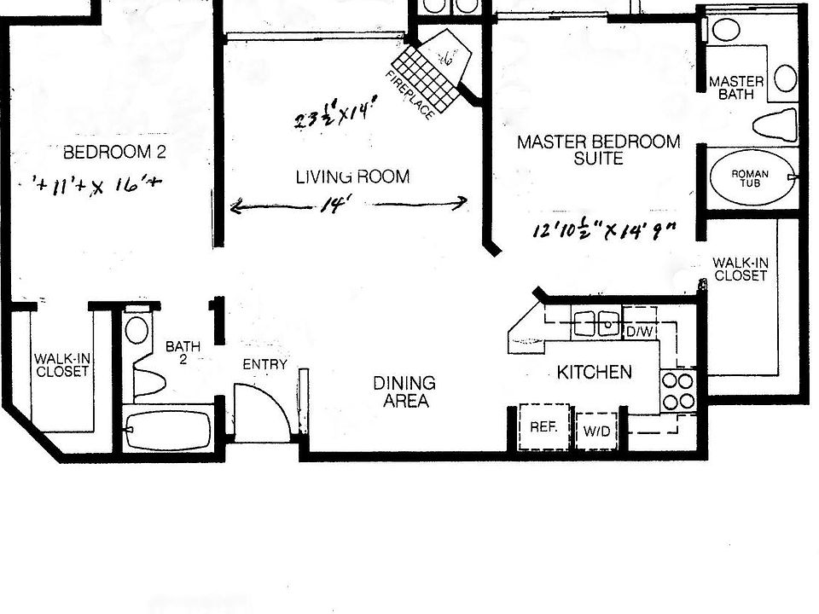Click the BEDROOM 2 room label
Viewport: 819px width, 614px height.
pos(114,153)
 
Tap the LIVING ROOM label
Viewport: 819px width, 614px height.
pos(352,177)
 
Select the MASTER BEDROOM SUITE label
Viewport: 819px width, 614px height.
pos(599,150)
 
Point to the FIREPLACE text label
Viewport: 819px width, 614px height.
pos(410,95)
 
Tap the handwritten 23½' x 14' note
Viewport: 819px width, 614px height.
pos(335,114)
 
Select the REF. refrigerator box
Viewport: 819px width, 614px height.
pos(543,426)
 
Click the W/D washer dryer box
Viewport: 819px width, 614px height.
pos(597,432)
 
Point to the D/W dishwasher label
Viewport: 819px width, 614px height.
pos(639,330)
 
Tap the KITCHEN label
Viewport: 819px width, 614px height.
pos(595,372)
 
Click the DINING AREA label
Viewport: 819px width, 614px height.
pos(404,392)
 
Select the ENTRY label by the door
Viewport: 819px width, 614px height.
pos(264,364)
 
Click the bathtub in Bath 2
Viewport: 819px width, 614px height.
pos(167,429)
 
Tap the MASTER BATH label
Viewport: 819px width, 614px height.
pos(736,88)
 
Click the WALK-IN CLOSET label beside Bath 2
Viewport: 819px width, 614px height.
pos(61,365)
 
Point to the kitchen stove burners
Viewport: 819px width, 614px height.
pos(677,391)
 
